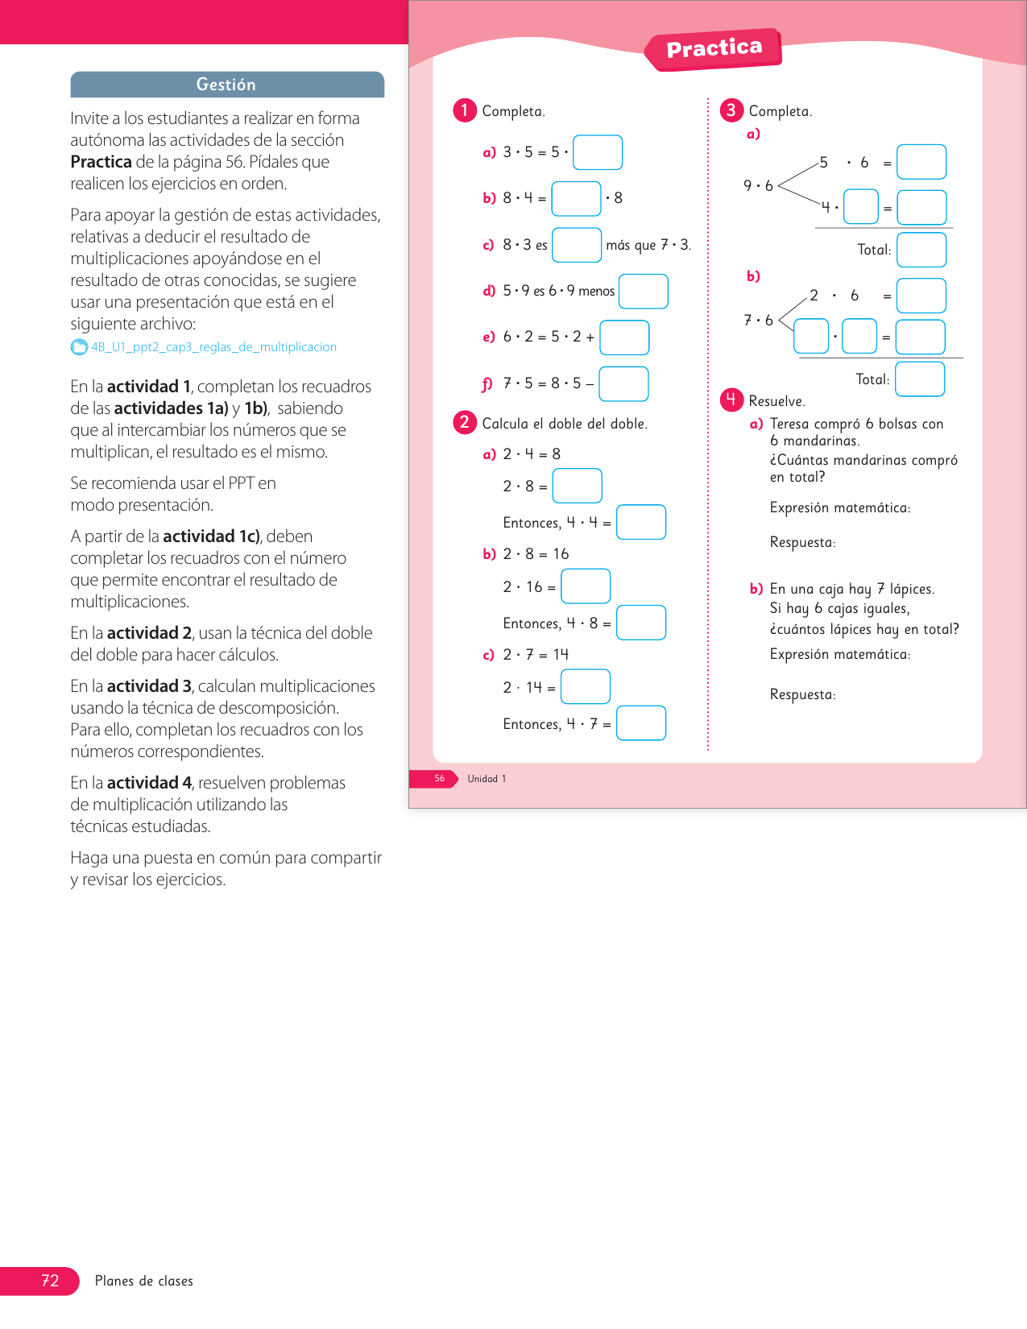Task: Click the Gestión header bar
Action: pyautogui.click(x=226, y=85)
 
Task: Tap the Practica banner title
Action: pyautogui.click(x=714, y=48)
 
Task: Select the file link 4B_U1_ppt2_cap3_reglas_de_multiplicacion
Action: pyautogui.click(x=213, y=347)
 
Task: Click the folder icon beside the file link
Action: pyautogui.click(x=79, y=347)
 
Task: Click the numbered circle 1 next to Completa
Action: pyautogui.click(x=465, y=110)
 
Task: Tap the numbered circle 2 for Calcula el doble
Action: pyautogui.click(x=465, y=423)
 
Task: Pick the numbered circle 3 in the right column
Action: pyautogui.click(x=731, y=110)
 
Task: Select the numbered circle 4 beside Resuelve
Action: pyautogui.click(x=731, y=400)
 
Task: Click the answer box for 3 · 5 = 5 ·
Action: pyautogui.click(x=597, y=152)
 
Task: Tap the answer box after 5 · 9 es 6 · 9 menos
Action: pyautogui.click(x=643, y=291)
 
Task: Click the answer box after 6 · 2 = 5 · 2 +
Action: pyautogui.click(x=624, y=337)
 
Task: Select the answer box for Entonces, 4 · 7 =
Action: pyautogui.click(x=641, y=722)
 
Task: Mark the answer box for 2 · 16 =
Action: pyautogui.click(x=586, y=586)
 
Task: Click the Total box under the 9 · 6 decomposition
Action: pyautogui.click(x=921, y=250)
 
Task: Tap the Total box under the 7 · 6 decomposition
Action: pyautogui.click(x=919, y=379)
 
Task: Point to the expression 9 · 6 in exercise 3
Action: pyautogui.click(x=758, y=186)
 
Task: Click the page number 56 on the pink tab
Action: pyautogui.click(x=439, y=779)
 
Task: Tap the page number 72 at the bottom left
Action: pyautogui.click(x=50, y=1281)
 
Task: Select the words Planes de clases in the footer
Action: pyautogui.click(x=144, y=1281)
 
